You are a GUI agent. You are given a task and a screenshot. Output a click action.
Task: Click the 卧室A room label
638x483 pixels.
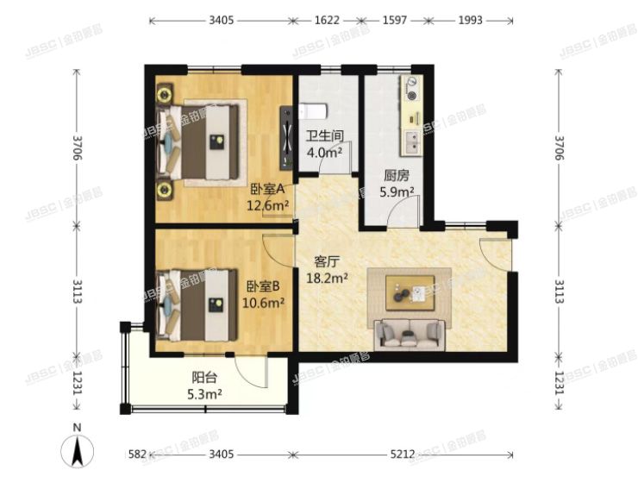pos(267,189)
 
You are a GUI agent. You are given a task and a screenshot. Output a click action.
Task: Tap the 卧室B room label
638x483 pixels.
pos(263,287)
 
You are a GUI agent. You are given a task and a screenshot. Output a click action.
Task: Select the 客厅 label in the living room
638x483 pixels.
pos(327,261)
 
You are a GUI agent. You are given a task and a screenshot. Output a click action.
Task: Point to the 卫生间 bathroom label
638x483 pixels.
pos(325,136)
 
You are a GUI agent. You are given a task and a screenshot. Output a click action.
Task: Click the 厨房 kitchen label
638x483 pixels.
pos(397,176)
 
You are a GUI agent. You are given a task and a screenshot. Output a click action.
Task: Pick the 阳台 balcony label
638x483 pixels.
pos(204,378)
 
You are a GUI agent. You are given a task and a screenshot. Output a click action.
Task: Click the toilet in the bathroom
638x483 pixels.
pos(313,110)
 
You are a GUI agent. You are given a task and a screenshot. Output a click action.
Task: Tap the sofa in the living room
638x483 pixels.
pos(410,335)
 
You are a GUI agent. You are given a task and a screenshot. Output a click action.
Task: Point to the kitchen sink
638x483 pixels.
pos(412,141)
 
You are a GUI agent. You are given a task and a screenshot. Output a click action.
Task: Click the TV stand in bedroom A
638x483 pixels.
pos(286,138)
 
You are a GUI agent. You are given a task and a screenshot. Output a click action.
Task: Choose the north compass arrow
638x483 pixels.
pos(77,450)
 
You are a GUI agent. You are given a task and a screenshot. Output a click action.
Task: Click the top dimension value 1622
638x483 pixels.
pos(326,20)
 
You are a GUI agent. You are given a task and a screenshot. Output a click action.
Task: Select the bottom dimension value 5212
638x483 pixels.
pos(403,454)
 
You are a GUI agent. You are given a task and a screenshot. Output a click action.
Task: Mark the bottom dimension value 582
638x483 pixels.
pos(137,454)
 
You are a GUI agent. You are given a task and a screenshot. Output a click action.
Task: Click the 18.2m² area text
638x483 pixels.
pos(327,279)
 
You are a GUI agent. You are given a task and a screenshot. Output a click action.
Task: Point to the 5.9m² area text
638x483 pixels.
pos(397,192)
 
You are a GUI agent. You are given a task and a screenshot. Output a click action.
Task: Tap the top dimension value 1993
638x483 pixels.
pos(471,20)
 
